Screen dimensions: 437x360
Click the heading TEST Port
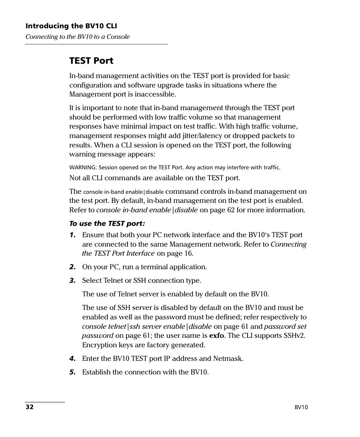(91, 61)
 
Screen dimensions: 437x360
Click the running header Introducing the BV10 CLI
(71, 26)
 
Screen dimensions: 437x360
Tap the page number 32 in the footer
(29, 407)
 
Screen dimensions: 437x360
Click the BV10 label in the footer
(301, 407)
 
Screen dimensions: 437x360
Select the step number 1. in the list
(72, 235)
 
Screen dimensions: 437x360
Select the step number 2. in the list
(72, 267)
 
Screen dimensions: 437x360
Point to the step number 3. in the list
(72, 281)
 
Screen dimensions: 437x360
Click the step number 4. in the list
(72, 359)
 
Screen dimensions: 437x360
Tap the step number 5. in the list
(72, 372)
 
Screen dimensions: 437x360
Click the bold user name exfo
(217, 336)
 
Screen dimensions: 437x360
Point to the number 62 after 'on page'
(231, 210)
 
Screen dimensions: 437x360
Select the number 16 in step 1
(189, 253)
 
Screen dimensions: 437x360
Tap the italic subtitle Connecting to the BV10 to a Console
(77, 37)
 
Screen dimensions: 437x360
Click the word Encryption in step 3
(99, 345)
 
